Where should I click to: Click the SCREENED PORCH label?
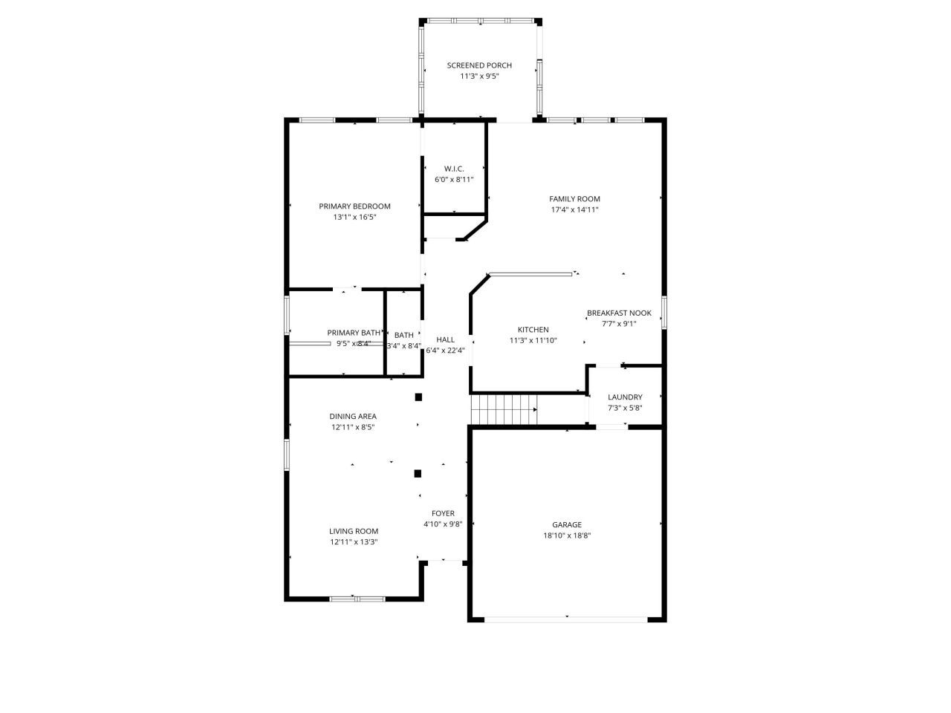[x=479, y=65]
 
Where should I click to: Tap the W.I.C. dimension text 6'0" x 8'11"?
[x=454, y=179]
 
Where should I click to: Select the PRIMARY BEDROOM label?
[x=354, y=206]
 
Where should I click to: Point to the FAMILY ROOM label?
[x=574, y=199]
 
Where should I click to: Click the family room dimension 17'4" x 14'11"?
[x=574, y=209]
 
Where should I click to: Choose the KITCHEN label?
[x=533, y=330]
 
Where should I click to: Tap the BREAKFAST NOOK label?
[x=619, y=313]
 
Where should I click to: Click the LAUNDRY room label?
[x=625, y=397]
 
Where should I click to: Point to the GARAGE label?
[x=567, y=524]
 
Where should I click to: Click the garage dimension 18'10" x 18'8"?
[x=567, y=535]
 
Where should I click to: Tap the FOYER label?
[x=443, y=513]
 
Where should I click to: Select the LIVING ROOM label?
[x=354, y=531]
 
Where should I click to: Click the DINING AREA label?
[x=353, y=417]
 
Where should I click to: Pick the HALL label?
[x=445, y=339]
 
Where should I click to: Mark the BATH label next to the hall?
[x=404, y=335]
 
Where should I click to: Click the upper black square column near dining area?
[x=418, y=397]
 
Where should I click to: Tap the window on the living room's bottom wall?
[x=357, y=599]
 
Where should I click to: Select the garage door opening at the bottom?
[x=567, y=619]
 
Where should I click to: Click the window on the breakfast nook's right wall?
[x=664, y=312]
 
